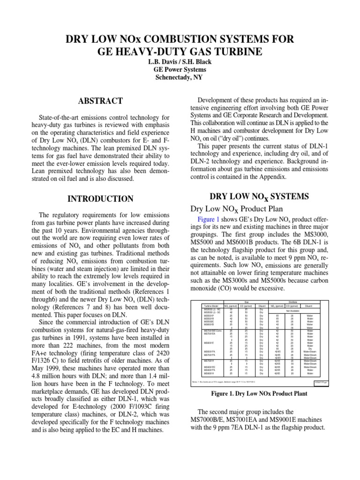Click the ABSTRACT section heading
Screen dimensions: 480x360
(100, 101)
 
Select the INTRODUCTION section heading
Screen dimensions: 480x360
(100, 198)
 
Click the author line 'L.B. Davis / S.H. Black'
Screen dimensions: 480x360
(180, 61)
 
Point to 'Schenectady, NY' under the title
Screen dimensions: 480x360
(180, 78)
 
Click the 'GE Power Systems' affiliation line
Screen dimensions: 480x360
(180, 70)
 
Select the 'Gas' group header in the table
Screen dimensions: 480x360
(247, 301)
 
